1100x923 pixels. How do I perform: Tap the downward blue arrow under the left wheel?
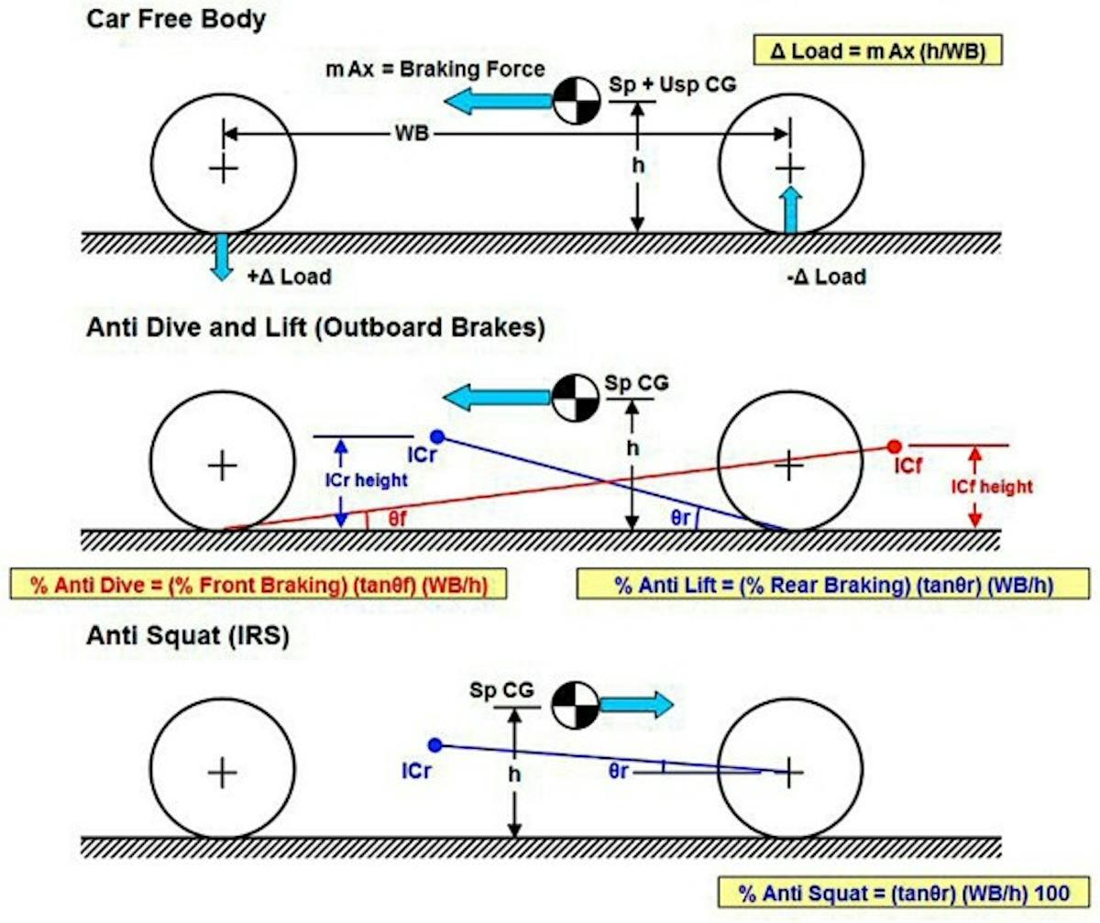(221, 256)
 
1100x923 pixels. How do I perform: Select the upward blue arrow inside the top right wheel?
(790, 209)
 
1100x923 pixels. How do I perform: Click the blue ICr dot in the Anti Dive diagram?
(437, 435)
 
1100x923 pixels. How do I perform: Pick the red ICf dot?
(893, 446)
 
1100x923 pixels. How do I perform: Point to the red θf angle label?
(396, 519)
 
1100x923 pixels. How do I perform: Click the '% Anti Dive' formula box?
(258, 585)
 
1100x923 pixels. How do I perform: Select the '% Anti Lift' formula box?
(832, 585)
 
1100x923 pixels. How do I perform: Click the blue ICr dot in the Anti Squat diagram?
(435, 745)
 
